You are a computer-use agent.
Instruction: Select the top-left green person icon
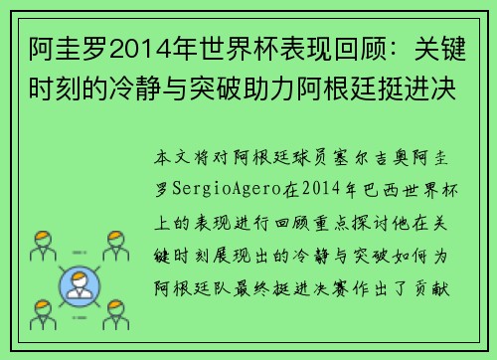(42, 244)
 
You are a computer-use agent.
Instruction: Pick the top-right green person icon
(117, 244)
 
